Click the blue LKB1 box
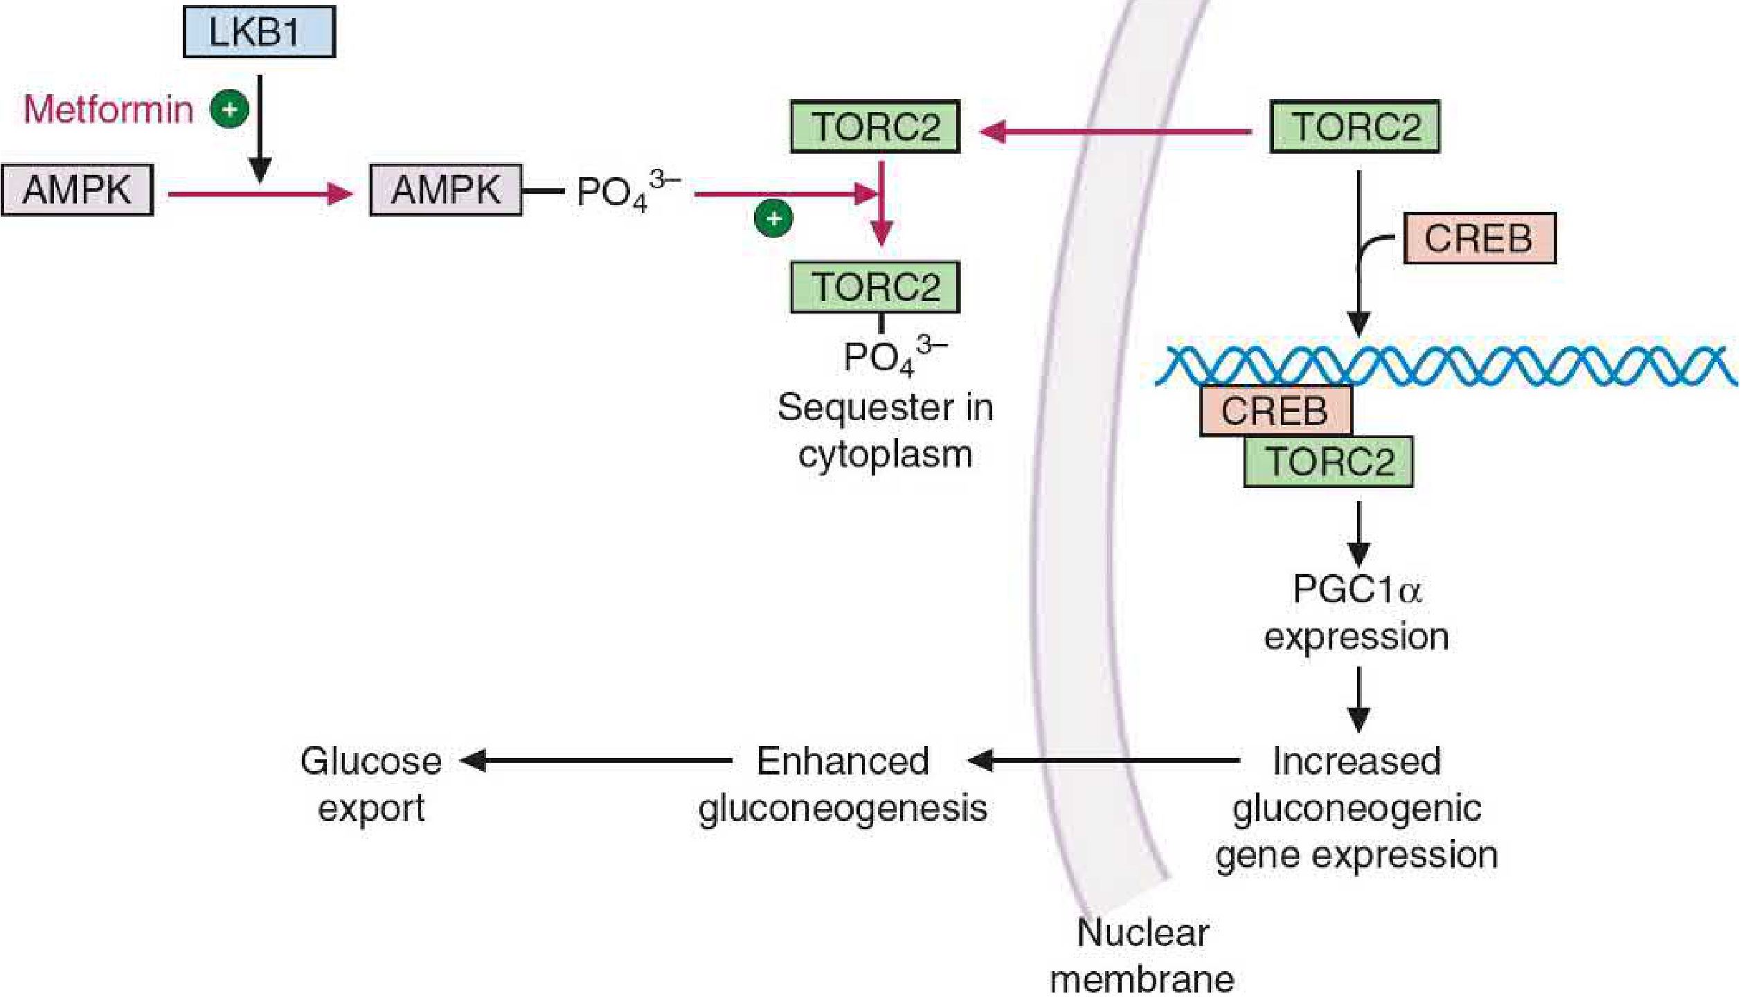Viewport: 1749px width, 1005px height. coord(259,32)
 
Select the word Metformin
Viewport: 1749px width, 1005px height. coord(109,109)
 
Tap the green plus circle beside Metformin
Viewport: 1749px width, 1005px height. coord(230,109)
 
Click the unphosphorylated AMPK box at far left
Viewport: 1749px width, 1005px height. coord(77,190)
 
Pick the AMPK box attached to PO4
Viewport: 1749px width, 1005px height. coord(446,190)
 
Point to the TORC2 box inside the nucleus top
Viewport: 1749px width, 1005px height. coord(1354,127)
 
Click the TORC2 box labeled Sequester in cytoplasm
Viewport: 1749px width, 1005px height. coord(875,287)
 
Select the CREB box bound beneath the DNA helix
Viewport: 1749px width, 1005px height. coord(1275,411)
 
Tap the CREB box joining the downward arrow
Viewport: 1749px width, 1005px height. coord(1479,239)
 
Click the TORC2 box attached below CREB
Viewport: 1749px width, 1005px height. coord(1328,462)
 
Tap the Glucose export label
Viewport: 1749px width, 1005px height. coord(371,784)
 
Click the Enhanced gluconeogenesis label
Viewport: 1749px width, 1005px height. coord(843,784)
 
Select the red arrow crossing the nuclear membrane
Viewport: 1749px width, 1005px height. coord(1115,131)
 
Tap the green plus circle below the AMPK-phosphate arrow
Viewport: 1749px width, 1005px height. coord(773,219)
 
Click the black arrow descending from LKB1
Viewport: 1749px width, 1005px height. coord(260,128)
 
